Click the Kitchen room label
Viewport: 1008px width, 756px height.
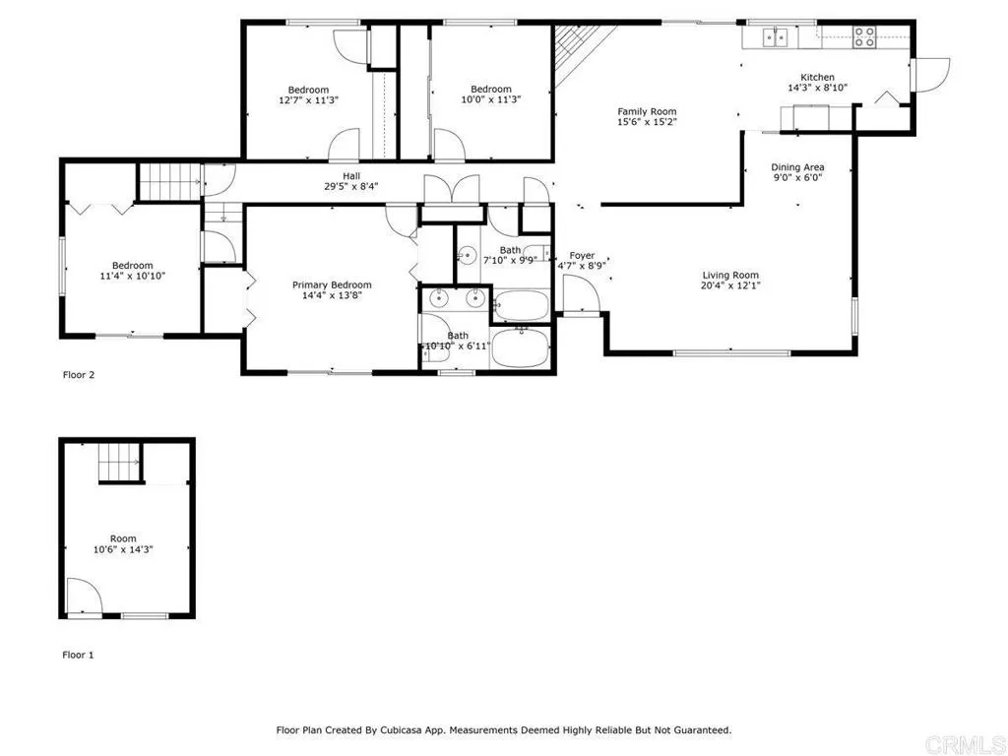click(817, 77)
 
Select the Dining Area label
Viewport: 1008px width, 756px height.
click(797, 167)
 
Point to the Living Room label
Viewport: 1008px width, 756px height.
click(730, 276)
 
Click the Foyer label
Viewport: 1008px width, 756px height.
click(583, 256)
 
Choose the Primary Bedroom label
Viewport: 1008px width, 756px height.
click(332, 284)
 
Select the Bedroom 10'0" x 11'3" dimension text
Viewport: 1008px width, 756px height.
click(490, 99)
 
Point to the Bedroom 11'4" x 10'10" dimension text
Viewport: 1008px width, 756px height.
click(132, 276)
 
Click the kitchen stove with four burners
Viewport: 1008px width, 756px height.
click(864, 36)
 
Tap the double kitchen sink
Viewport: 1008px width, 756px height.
click(775, 36)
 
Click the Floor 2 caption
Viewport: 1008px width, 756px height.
click(79, 375)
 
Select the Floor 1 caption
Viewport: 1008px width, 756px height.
click(79, 655)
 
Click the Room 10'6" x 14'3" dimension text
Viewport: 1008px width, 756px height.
click(123, 549)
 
